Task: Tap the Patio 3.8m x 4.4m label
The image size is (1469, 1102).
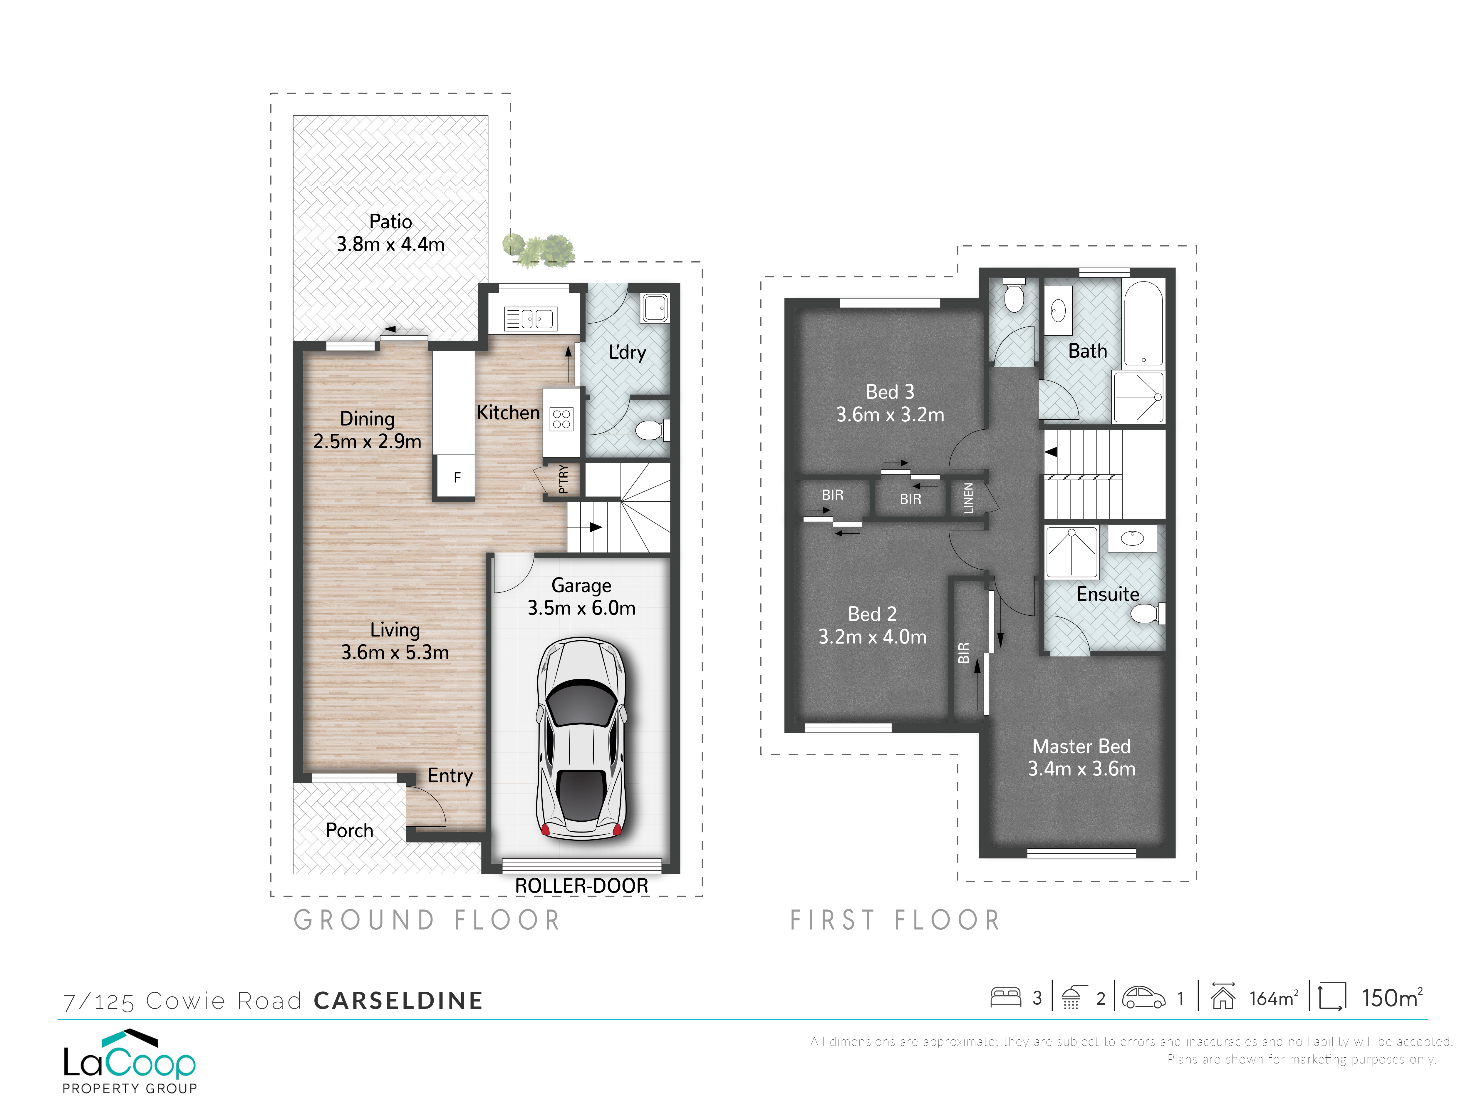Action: [x=390, y=232]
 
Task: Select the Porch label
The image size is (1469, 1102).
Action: [x=349, y=830]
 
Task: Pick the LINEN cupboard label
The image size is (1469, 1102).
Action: [x=968, y=498]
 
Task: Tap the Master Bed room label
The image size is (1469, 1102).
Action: [x=1081, y=757]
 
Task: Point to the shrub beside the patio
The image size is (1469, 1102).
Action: [x=539, y=249]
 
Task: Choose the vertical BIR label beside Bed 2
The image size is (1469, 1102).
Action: [x=964, y=653]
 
